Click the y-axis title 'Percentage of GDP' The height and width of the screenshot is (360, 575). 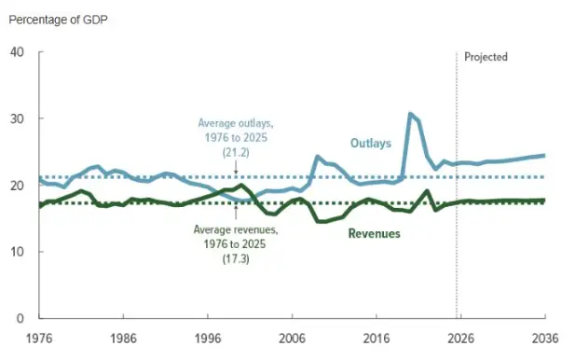pyautogui.click(x=57, y=20)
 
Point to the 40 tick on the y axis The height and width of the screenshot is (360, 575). pyautogui.click(x=18, y=52)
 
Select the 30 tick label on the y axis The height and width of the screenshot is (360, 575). pyautogui.click(x=18, y=118)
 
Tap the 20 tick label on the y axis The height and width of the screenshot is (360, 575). pyautogui.click(x=18, y=186)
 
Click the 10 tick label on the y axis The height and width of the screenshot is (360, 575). pyautogui.click(x=18, y=252)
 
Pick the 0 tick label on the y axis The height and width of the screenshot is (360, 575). pyautogui.click(x=21, y=318)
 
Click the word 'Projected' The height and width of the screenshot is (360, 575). pyautogui.click(x=486, y=57)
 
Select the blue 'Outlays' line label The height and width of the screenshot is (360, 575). pyautogui.click(x=370, y=143)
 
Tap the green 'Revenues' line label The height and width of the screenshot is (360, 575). pyautogui.click(x=374, y=233)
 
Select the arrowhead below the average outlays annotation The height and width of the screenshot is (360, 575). pyautogui.click(x=236, y=173)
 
